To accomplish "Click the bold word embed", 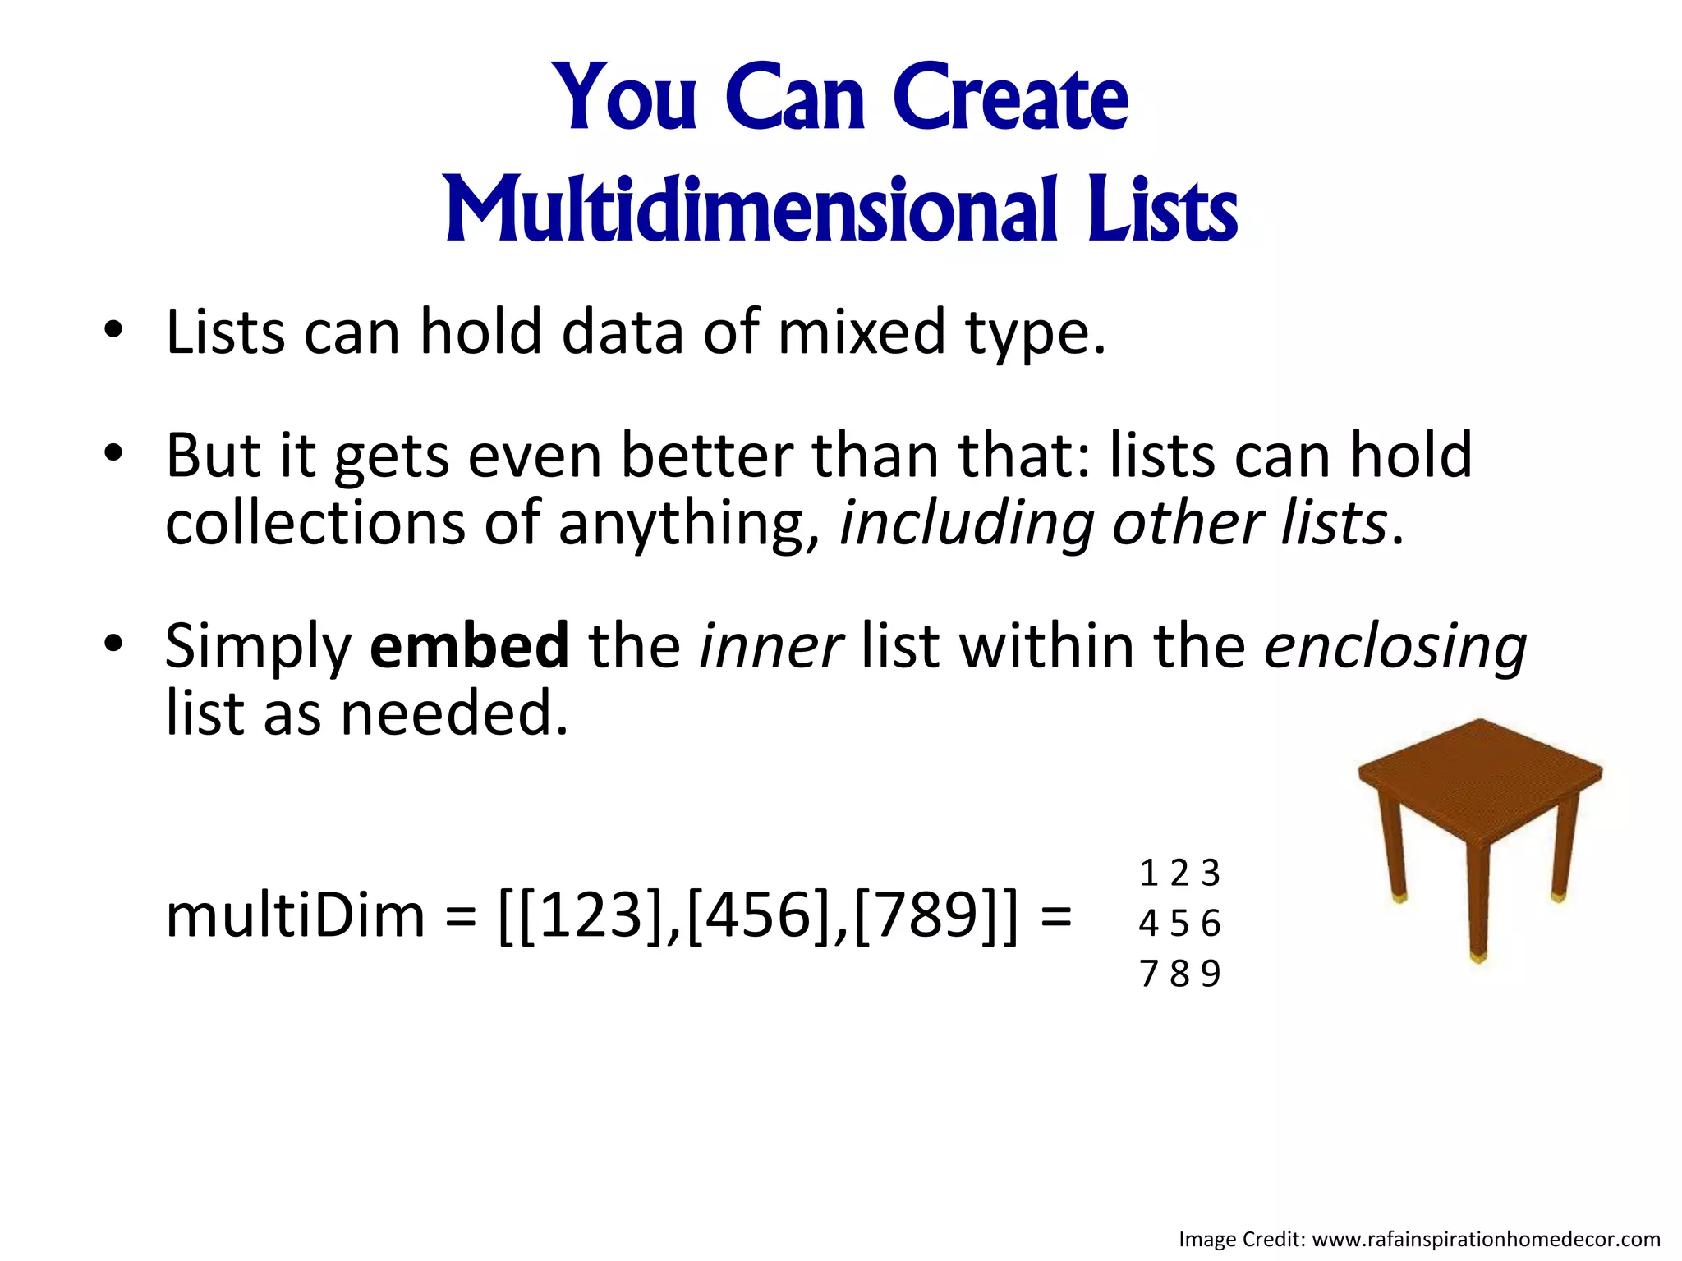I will pyautogui.click(x=469, y=645).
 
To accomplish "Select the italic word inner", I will pyautogui.click(x=770, y=645).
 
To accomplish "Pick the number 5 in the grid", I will pyautogui.click(x=1179, y=924).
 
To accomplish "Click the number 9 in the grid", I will pyautogui.click(x=1211, y=974).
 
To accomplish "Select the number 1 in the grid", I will pyautogui.click(x=1149, y=873).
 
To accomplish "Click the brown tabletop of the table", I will pyautogui.click(x=1478, y=776).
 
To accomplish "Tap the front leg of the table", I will pyautogui.click(x=1478, y=903).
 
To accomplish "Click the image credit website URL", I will pyautogui.click(x=1486, y=1239).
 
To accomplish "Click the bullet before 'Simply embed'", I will pyautogui.click(x=113, y=644).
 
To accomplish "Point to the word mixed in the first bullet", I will pyautogui.click(x=862, y=332).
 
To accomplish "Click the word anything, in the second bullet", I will pyautogui.click(x=689, y=524).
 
